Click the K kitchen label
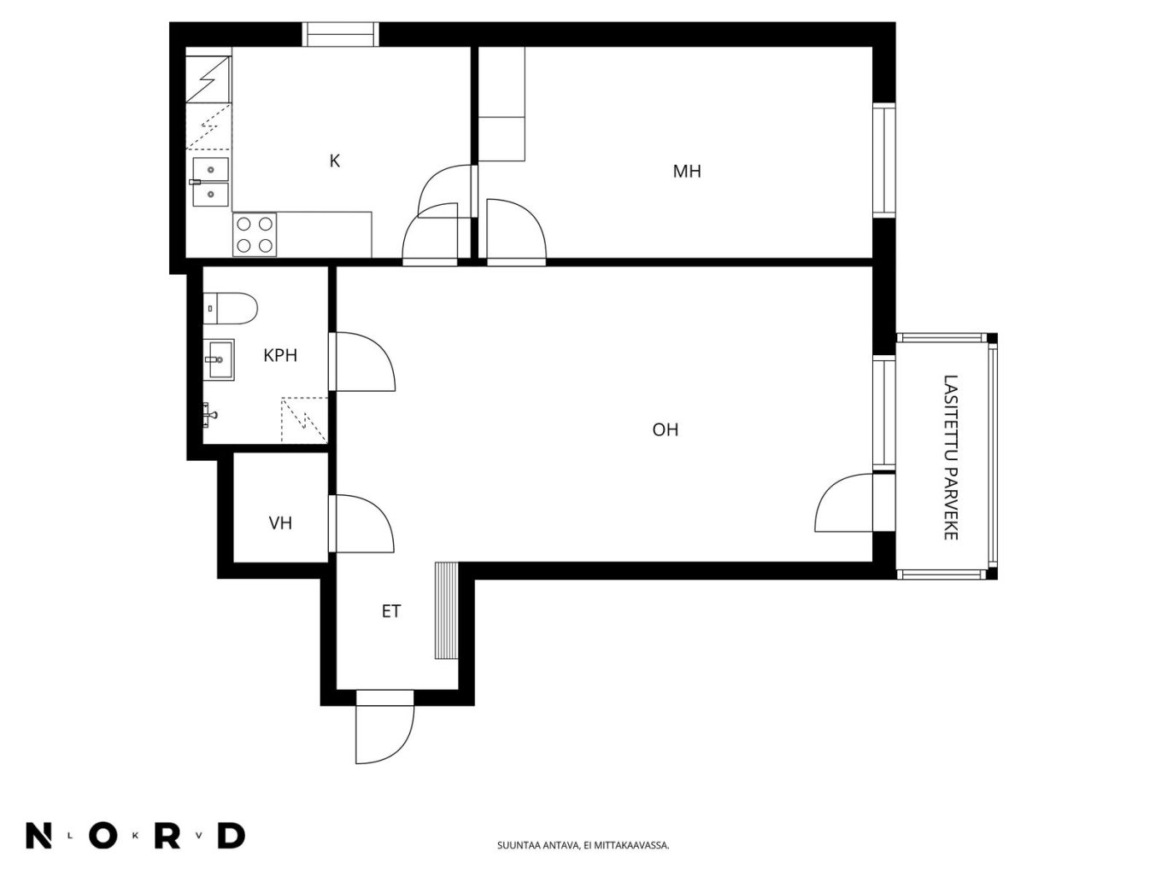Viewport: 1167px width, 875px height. [x=334, y=160]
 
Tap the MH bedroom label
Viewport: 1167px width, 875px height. [x=687, y=171]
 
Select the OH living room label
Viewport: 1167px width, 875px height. [x=666, y=429]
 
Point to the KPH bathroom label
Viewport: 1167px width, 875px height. [x=280, y=355]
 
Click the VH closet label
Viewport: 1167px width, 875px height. [x=280, y=523]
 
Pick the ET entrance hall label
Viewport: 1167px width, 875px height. [x=391, y=611]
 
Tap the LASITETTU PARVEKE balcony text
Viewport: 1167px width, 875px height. [x=951, y=458]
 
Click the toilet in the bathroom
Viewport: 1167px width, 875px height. [x=230, y=308]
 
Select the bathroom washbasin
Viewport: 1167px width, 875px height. [x=220, y=359]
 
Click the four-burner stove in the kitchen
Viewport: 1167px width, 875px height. [x=254, y=235]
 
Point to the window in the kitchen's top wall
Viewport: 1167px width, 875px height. [x=341, y=34]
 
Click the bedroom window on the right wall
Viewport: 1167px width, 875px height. [x=884, y=160]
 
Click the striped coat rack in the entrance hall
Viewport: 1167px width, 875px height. [x=447, y=611]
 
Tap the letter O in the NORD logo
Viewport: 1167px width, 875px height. [x=103, y=837]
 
